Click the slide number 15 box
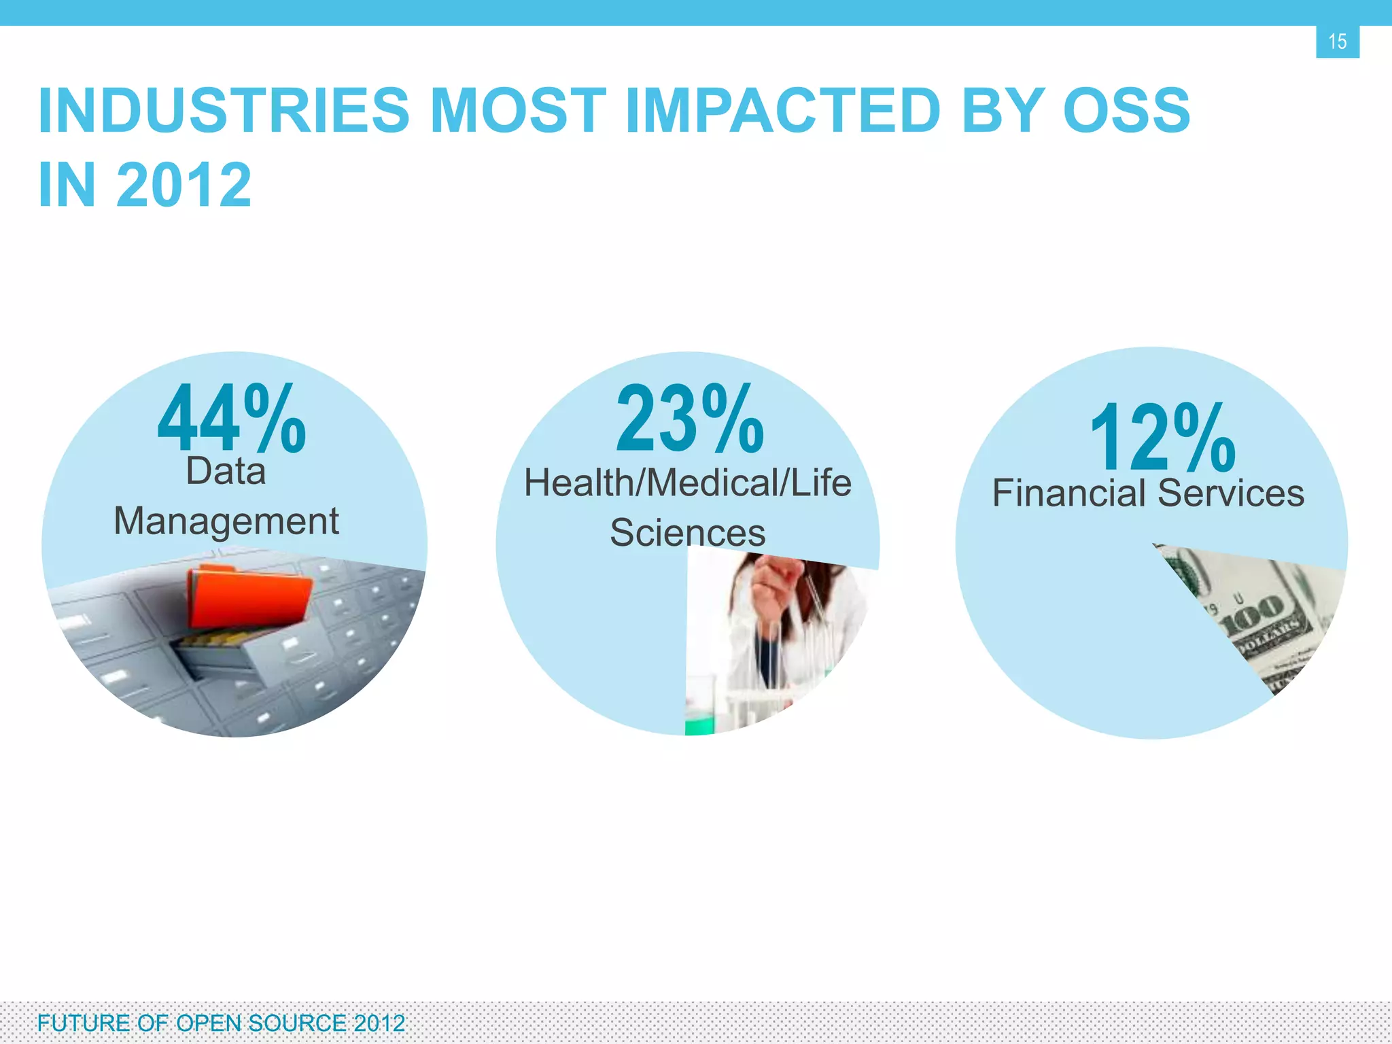[1337, 41]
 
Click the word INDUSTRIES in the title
[224, 111]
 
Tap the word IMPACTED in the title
[782, 111]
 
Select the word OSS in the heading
[1126, 111]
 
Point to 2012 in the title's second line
[184, 185]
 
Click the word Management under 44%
[226, 521]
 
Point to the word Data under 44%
[226, 471]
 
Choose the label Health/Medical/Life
[687, 483]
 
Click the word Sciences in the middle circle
[687, 533]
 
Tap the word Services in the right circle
[1231, 493]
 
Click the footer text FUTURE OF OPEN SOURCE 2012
[221, 1023]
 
